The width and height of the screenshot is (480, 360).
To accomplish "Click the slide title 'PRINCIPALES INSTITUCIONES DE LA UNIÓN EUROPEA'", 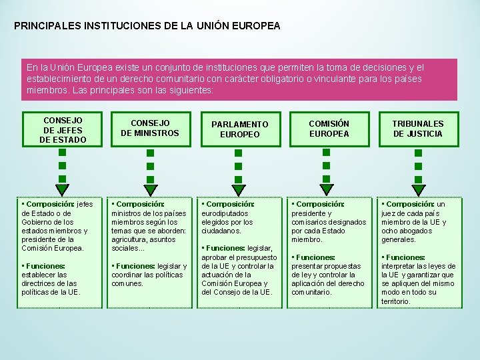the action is click(x=147, y=27).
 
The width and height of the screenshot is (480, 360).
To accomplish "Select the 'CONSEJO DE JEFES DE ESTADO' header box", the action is click(x=63, y=130).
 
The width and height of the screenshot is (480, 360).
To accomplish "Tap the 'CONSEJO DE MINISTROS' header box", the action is click(x=150, y=129).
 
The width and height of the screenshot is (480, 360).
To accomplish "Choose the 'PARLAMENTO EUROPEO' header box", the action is click(x=239, y=129).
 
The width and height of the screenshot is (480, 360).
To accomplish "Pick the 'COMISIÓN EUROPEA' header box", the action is click(x=329, y=129).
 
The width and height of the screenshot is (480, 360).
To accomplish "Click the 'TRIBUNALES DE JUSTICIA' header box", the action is click(x=417, y=129).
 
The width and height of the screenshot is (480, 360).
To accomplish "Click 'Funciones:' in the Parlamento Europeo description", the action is click(x=225, y=248).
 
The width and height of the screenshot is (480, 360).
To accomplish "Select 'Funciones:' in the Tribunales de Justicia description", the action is click(x=405, y=257).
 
